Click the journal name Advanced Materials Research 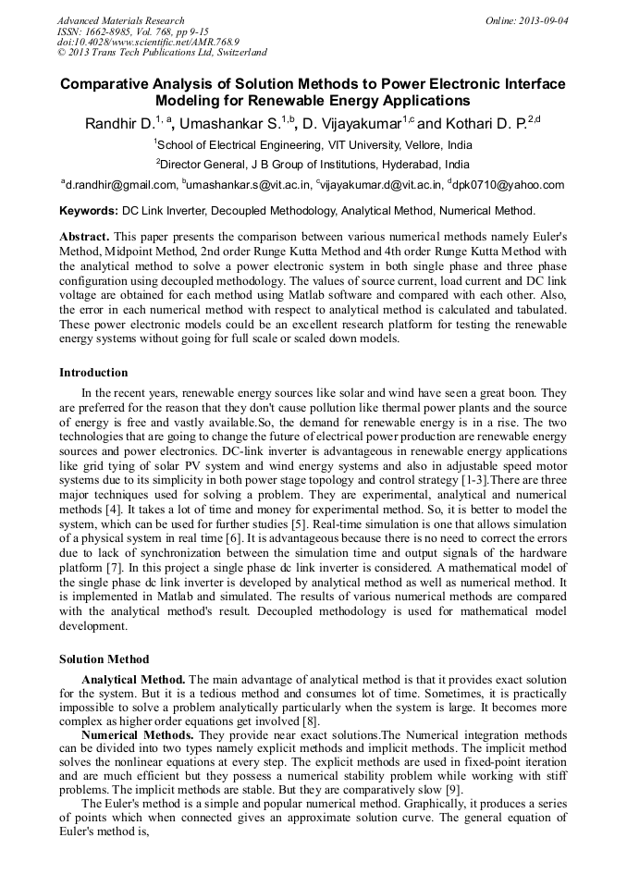coord(120,20)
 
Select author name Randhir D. coord(119,124)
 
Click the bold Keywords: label coord(89,211)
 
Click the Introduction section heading coord(93,373)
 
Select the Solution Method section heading coord(104,659)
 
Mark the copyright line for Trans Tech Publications coord(162,54)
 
